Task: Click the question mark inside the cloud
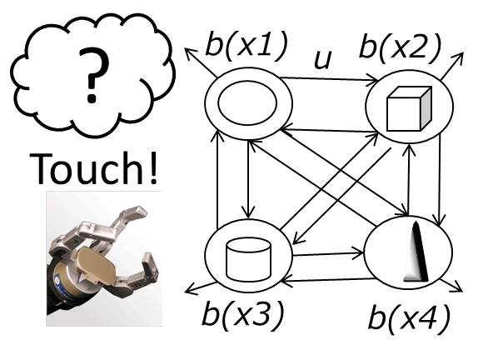click(93, 75)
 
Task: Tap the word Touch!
click(93, 168)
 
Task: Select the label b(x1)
click(246, 45)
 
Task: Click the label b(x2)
click(400, 48)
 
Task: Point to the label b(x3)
click(242, 314)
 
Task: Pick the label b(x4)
click(410, 318)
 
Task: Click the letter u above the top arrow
click(323, 58)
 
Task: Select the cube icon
click(409, 109)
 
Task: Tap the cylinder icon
click(249, 259)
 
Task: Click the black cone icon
click(416, 252)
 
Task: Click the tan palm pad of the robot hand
click(95, 266)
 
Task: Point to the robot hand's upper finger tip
click(137, 212)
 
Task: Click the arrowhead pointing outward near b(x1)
click(190, 53)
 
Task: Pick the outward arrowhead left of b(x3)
click(192, 289)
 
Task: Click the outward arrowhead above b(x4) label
click(456, 287)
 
